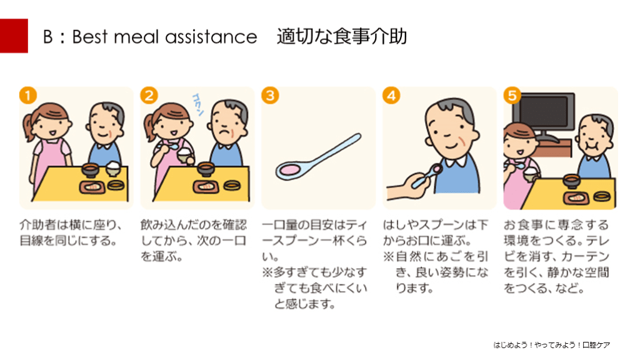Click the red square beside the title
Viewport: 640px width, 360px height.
pos(14,36)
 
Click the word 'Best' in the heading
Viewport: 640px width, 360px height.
pos(90,37)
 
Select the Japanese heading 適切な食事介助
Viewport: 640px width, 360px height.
pos(342,36)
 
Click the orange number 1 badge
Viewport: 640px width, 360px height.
pos(28,96)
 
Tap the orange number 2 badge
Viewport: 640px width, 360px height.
pos(149,96)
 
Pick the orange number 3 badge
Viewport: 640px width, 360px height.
pos(270,96)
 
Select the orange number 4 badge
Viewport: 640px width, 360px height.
pos(391,96)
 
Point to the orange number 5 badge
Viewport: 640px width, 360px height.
pos(512,96)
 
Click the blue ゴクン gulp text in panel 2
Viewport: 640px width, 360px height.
pos(198,104)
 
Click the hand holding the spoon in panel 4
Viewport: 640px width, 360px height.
pos(408,186)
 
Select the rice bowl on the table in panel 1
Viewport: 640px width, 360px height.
pos(113,169)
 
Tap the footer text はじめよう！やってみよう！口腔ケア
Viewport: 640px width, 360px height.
pos(552,345)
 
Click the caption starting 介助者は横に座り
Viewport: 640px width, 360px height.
pos(71,232)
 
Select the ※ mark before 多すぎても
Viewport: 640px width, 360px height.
pos(267,272)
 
